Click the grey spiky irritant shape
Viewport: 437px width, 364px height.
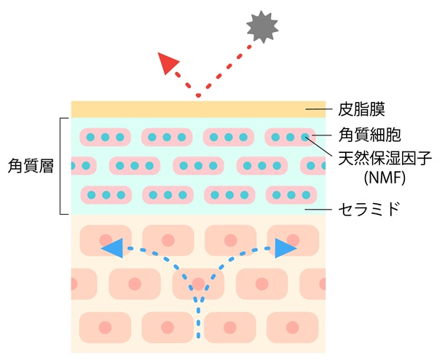263,28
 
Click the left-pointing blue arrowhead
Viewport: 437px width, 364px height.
112,248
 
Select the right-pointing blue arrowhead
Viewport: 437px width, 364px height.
286,248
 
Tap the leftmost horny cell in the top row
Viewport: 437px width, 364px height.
105,137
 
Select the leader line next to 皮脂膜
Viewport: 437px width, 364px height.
316,109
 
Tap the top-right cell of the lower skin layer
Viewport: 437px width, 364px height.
293,240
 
